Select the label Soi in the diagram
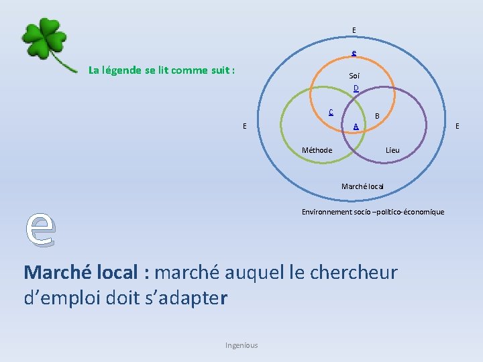coord(354,76)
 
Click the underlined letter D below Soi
coord(356,88)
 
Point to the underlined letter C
coord(331,113)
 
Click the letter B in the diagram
coord(377,116)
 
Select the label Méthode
coord(317,150)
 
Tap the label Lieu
coord(392,150)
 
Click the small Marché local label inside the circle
coord(362,186)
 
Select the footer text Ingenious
coord(241,345)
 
